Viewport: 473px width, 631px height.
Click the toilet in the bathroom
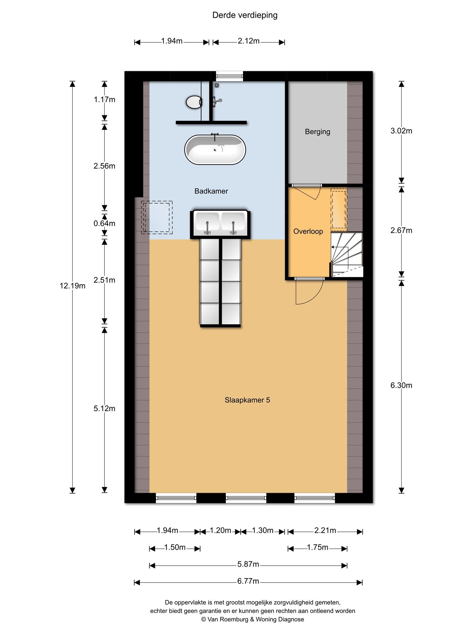click(194, 102)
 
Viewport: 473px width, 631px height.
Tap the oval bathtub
click(215, 150)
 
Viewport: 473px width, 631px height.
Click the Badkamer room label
click(211, 191)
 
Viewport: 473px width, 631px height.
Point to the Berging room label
click(318, 131)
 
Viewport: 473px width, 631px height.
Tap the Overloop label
click(308, 231)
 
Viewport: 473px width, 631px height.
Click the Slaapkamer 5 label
click(247, 400)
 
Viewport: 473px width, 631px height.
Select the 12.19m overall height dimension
click(73, 286)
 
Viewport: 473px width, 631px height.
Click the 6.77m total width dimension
click(248, 581)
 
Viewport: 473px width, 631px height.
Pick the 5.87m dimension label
click(248, 564)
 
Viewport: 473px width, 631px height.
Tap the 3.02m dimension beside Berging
click(401, 131)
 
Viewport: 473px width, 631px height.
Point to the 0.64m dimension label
click(104, 223)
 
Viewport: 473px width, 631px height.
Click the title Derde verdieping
click(245, 15)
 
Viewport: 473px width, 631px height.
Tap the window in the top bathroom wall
click(230, 76)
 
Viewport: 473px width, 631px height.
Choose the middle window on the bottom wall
click(246, 498)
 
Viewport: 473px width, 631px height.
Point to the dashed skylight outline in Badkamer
click(157, 218)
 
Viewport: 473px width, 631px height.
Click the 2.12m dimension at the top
click(249, 41)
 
